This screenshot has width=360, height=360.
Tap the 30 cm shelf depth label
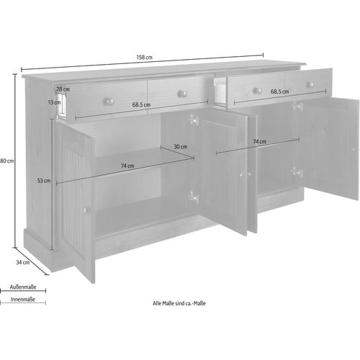pos(180,147)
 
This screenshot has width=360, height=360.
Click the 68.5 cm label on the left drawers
pos(140,105)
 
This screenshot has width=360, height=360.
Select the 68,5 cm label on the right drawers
pos(280,92)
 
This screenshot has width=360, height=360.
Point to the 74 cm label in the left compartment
pos(127,166)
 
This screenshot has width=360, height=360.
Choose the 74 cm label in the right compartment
pos(260,143)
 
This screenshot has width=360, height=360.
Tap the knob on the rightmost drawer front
pos(310,85)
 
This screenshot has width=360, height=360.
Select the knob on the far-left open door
pos(84,210)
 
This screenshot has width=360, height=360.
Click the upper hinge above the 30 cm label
pos(192,120)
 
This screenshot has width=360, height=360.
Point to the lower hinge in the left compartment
pos(192,196)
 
